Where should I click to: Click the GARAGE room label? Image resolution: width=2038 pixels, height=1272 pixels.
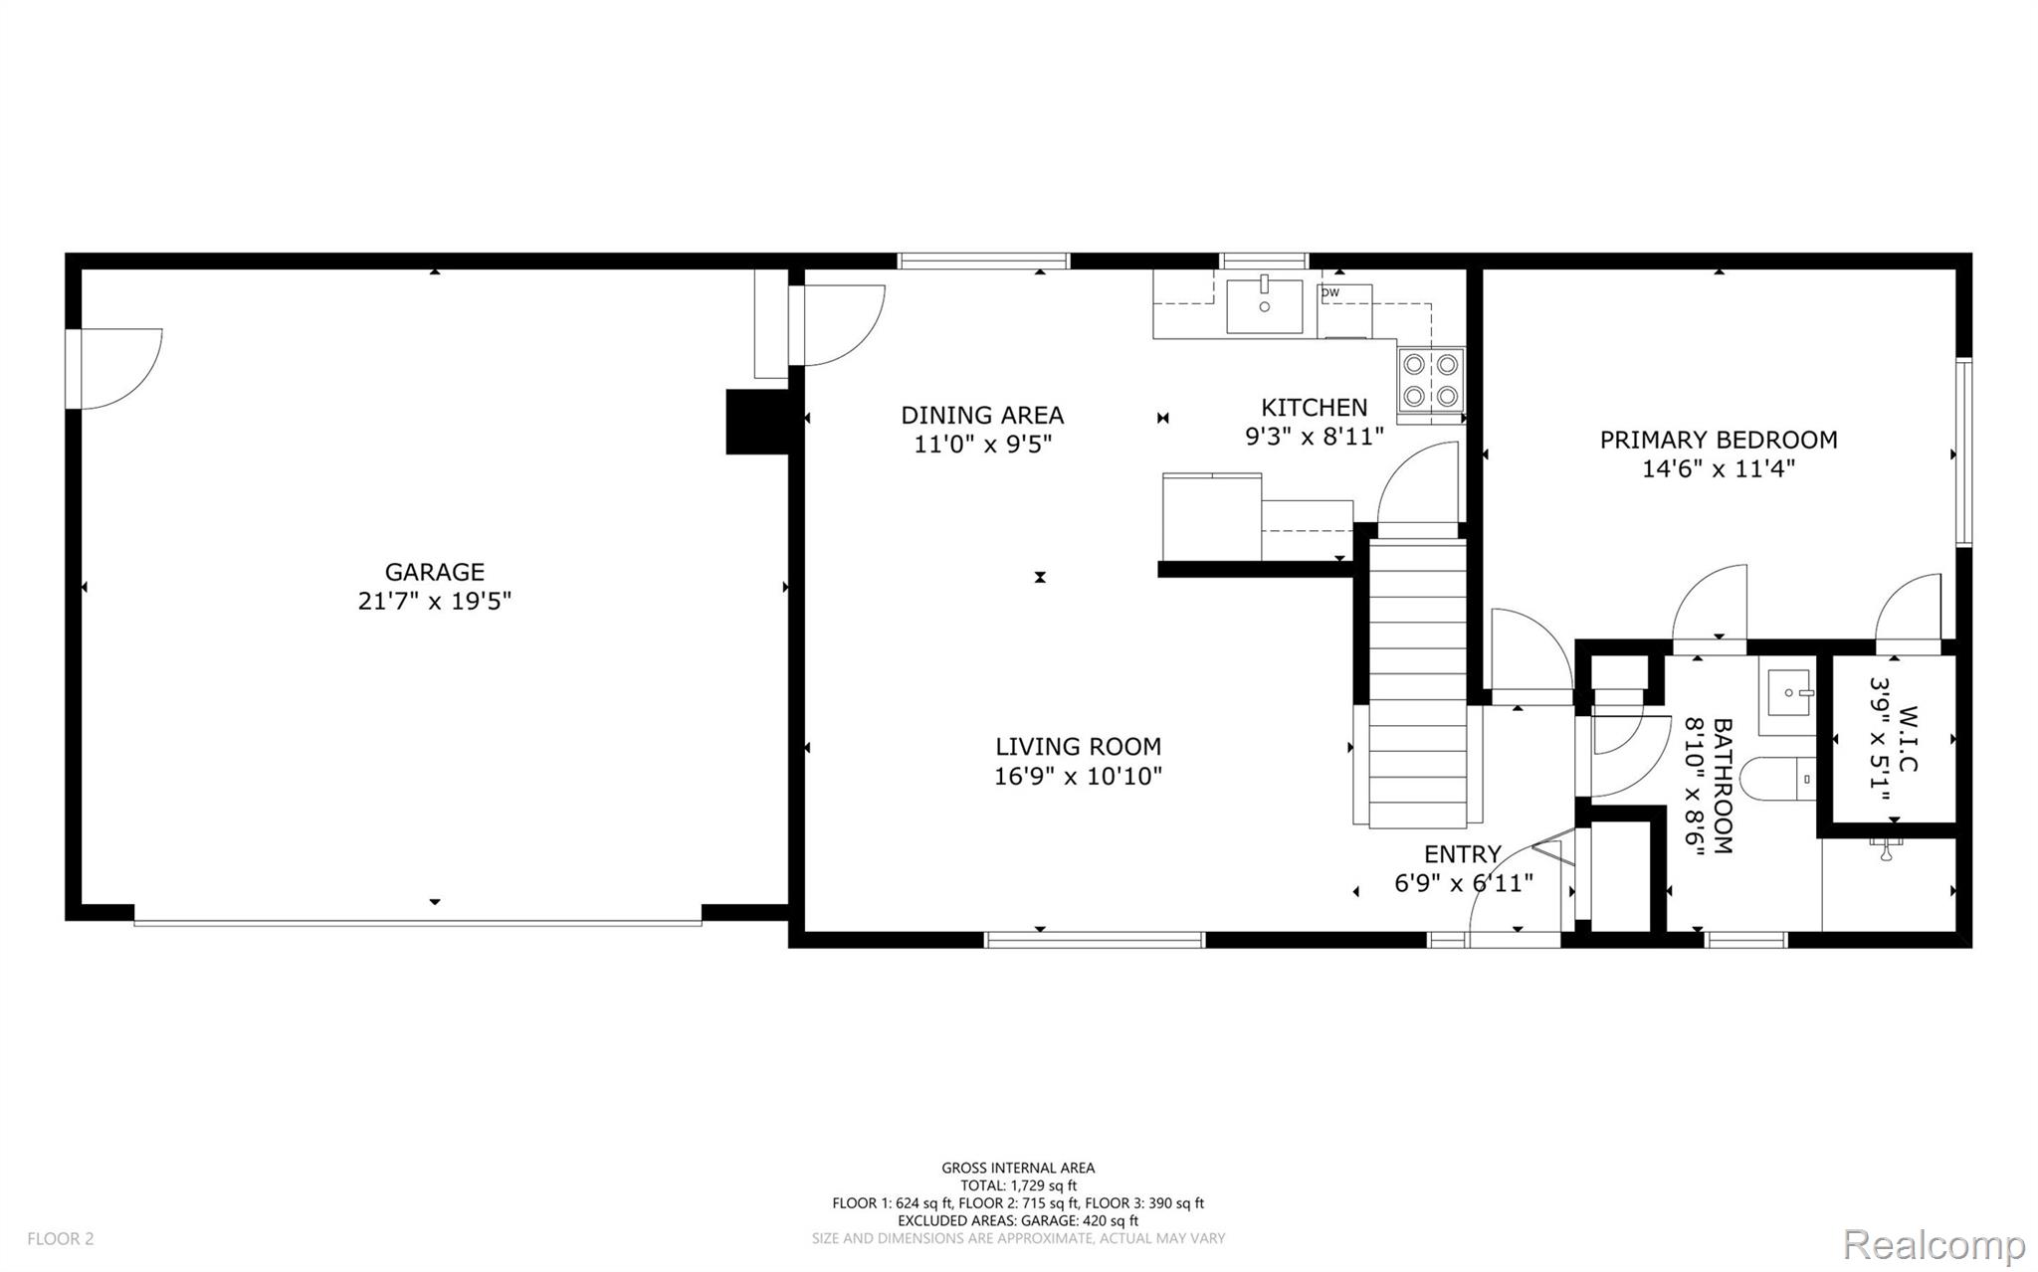coord(435,572)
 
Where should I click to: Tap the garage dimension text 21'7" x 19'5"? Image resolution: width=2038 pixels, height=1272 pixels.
coord(435,601)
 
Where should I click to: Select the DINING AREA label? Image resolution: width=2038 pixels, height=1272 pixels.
coord(982,415)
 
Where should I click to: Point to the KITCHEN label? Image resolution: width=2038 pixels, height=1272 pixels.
coord(1315,407)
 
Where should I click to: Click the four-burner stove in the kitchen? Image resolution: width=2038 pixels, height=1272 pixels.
coord(1431,380)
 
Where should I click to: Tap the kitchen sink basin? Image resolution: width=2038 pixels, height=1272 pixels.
coord(1264,306)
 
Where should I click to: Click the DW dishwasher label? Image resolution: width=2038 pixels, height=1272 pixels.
coord(1329,292)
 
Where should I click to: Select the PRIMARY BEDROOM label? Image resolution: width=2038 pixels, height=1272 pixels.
coord(1719,440)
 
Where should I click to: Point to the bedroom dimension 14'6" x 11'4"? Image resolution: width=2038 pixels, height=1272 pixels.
coord(1719,468)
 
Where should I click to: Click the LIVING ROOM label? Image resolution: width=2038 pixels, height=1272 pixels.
coord(1079,747)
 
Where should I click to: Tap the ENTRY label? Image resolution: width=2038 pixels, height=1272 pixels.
coord(1463,854)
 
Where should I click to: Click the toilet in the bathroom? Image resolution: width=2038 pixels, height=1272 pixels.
coord(1785,779)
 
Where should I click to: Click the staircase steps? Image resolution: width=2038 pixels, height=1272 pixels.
coord(1418,682)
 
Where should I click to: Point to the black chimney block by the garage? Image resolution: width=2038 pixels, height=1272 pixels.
coord(757,422)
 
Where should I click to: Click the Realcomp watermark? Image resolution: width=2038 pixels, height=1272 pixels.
coord(1935,1244)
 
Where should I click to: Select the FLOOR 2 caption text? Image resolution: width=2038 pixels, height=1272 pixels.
coord(61,1238)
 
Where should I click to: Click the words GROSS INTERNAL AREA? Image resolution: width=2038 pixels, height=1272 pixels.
coord(1018,1169)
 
